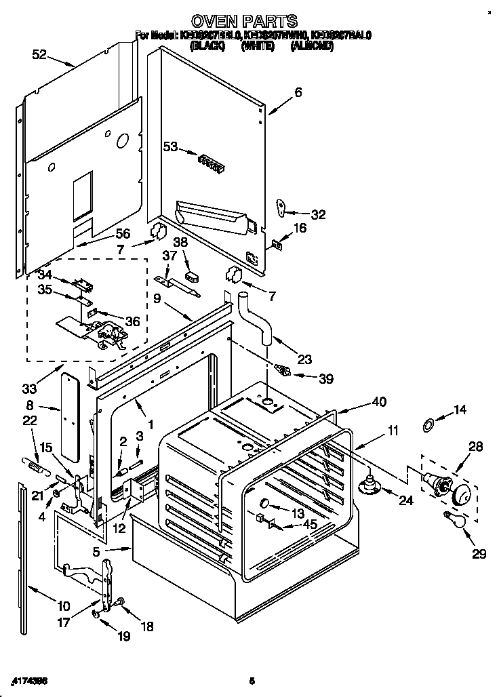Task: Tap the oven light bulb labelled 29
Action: pos(450,519)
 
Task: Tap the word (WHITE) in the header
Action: pos(258,46)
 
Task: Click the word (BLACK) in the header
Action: pos(208,46)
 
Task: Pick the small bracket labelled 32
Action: pos(281,207)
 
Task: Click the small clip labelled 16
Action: pos(277,244)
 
